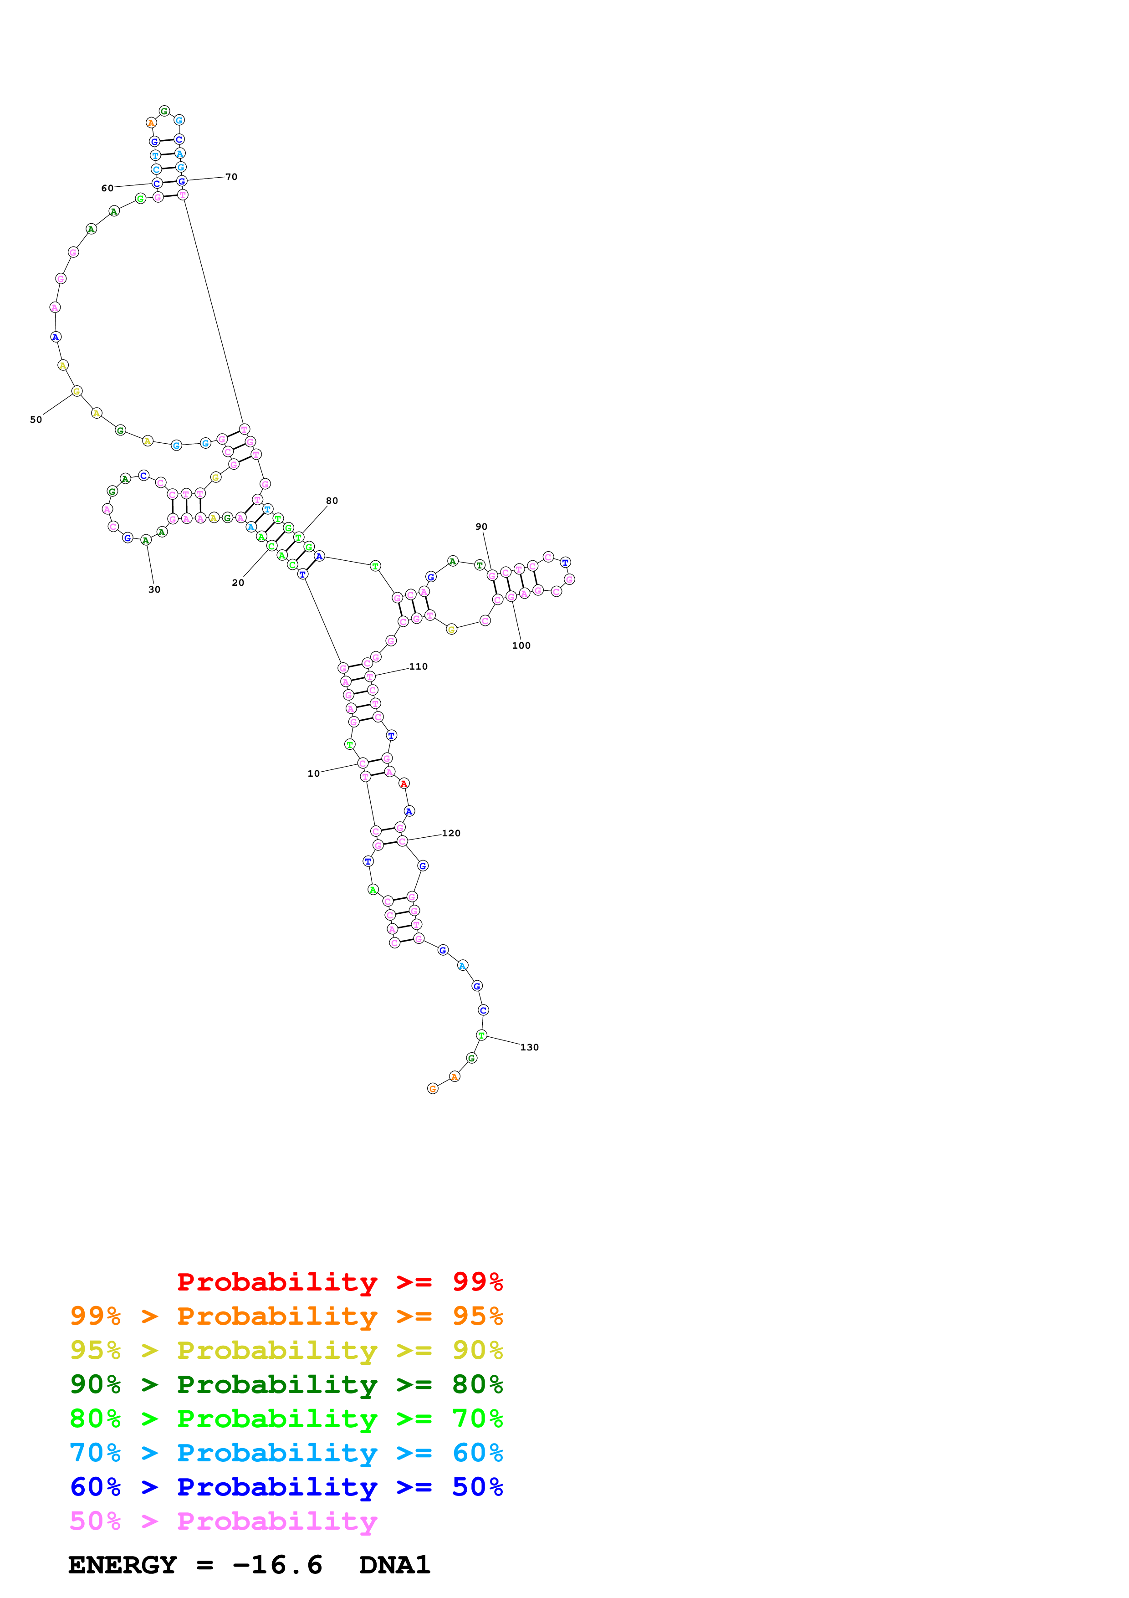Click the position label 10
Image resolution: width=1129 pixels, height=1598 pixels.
coord(313,773)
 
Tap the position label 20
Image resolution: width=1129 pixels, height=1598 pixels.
coord(238,583)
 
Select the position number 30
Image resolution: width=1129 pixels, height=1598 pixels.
coord(154,589)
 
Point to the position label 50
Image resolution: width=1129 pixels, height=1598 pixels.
coord(36,420)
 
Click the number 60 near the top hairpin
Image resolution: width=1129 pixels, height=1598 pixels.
coord(107,188)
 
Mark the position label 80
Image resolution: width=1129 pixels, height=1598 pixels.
coord(332,501)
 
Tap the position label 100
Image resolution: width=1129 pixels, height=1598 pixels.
coord(521,645)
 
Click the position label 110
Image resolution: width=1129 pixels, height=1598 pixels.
coord(418,666)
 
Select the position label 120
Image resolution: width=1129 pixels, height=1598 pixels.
coord(451,833)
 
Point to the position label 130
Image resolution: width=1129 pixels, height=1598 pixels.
coord(529,1047)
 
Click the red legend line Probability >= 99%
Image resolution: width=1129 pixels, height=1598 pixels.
coord(339,1281)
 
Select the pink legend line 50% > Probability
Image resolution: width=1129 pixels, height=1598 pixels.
coord(223,1521)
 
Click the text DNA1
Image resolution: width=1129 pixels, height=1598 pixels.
coord(394,1565)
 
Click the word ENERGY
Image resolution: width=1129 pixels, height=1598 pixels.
coord(123,1565)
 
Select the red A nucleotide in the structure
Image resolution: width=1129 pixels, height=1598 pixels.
coord(404,784)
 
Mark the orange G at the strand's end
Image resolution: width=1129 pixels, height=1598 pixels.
coord(433,1089)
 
